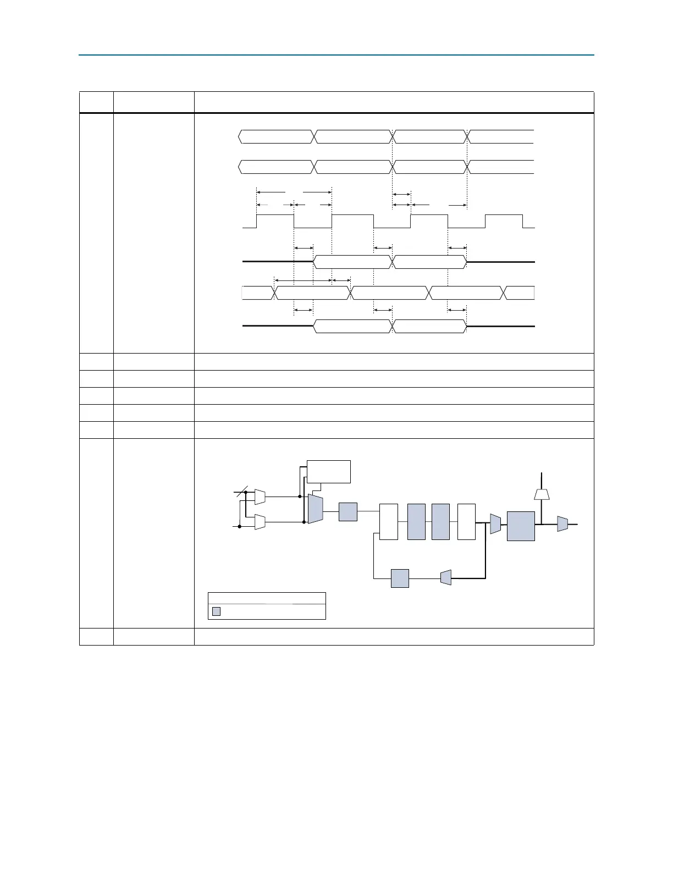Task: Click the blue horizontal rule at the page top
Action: point(336,55)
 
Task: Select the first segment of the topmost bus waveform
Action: point(276,136)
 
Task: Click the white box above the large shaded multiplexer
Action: point(328,471)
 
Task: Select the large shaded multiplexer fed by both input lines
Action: point(315,509)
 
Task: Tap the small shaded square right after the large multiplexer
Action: point(347,511)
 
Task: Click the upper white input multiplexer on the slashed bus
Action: point(260,497)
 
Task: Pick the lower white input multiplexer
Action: point(260,522)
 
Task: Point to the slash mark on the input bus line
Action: point(242,493)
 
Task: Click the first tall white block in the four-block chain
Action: point(389,521)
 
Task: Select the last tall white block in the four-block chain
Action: point(466,521)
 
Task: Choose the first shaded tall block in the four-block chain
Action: point(416,521)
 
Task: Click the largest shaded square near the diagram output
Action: point(521,526)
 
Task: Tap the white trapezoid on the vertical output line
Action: point(542,494)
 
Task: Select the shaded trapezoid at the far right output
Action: point(562,524)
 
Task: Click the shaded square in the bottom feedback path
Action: point(400,578)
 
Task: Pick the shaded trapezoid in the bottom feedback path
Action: point(446,577)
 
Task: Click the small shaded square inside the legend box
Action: point(216,611)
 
